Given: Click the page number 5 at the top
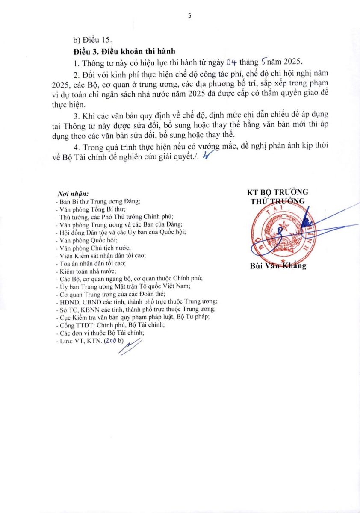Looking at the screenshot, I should pos(189,16).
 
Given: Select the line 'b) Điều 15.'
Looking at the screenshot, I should pos(91,40).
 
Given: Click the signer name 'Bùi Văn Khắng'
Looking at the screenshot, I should pos(278,265).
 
